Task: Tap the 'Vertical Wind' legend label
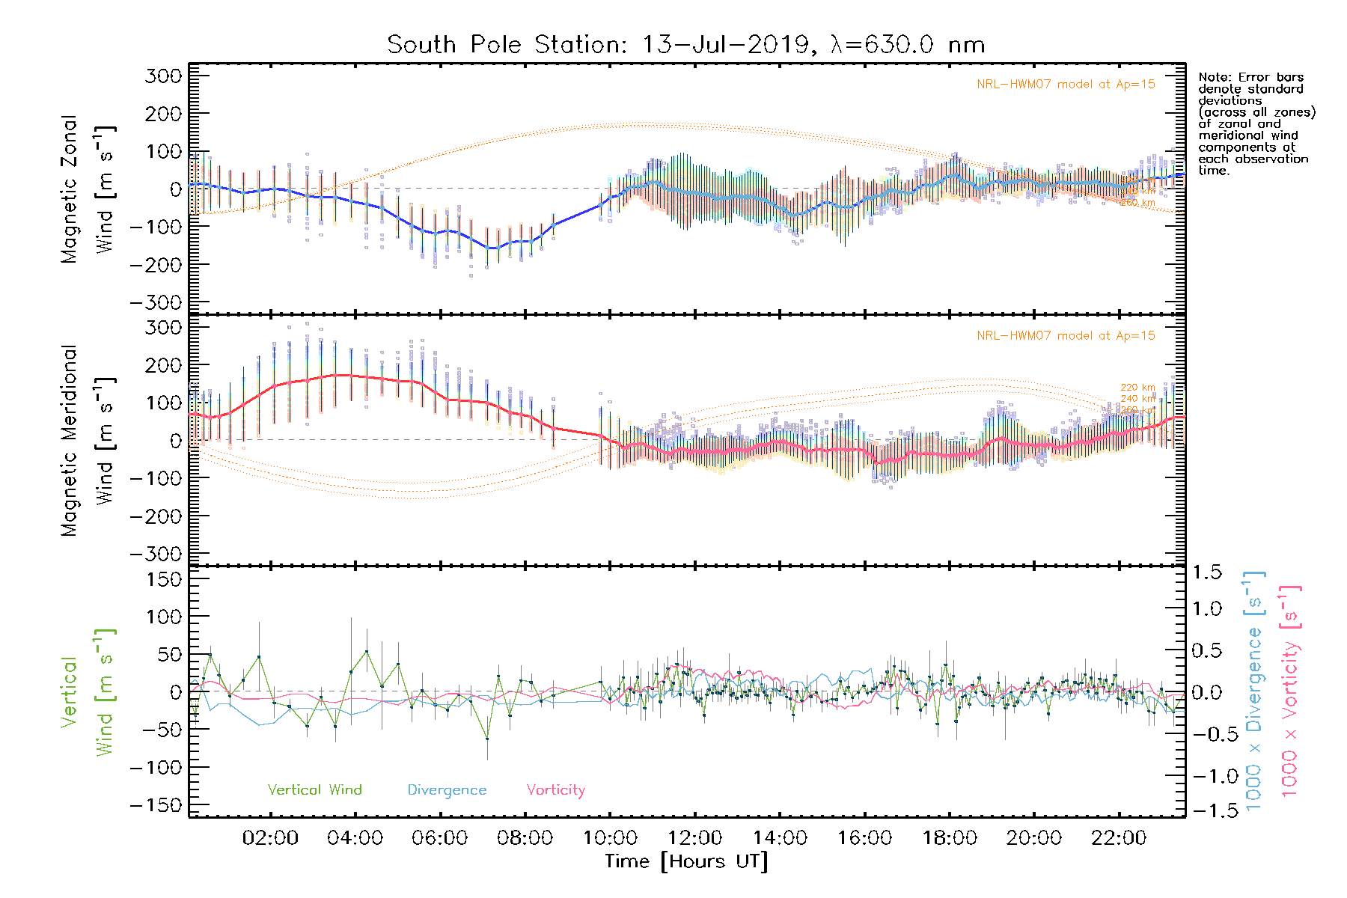(314, 789)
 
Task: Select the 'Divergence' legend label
(447, 789)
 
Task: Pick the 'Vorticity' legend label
(555, 789)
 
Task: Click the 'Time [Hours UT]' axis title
(686, 861)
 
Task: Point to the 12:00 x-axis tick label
(694, 837)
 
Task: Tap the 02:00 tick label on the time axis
(270, 837)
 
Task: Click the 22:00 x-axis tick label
(1119, 837)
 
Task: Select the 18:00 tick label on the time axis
(950, 837)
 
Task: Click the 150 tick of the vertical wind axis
(163, 579)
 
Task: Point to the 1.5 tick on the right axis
(1206, 572)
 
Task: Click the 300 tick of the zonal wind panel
(163, 76)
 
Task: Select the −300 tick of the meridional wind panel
(156, 554)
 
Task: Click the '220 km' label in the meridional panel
(1137, 388)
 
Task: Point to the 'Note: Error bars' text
(1250, 77)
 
